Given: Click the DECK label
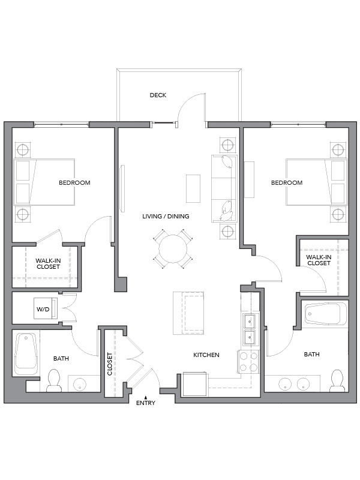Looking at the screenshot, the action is (158, 95).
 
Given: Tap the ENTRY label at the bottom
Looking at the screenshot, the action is (146, 403).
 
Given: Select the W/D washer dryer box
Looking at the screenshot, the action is (46, 308).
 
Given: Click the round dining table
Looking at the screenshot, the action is (173, 249).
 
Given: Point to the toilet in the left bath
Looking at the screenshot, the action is (54, 380).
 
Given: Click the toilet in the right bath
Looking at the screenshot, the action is (337, 380).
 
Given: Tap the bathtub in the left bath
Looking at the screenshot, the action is (26, 354).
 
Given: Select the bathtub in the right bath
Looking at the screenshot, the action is (326, 314).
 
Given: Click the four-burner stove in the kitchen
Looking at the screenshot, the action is (248, 362).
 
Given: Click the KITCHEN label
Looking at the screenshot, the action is (206, 355).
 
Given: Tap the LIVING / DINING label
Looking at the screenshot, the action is (166, 216).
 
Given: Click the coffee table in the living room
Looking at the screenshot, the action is (193, 188).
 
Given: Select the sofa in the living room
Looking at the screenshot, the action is (224, 188).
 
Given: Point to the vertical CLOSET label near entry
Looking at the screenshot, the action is (110, 364).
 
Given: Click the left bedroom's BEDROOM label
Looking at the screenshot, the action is (74, 183).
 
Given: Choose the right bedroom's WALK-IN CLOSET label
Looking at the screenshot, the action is (319, 260).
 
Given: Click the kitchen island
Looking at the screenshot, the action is (188, 313).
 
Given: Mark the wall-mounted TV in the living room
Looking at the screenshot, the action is (122, 188).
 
